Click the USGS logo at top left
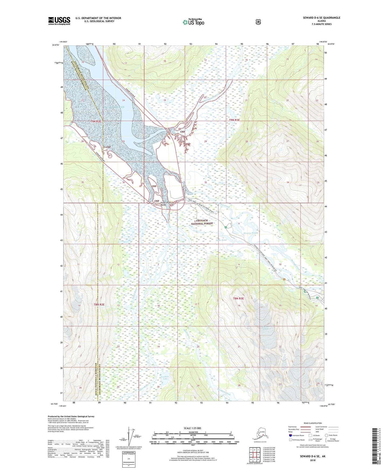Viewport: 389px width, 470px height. [x=59, y=20]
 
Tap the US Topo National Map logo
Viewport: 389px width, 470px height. [x=193, y=22]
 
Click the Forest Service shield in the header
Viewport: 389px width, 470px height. [x=258, y=22]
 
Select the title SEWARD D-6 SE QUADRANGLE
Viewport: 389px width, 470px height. [x=321, y=18]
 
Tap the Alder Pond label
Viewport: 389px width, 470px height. [x=221, y=240]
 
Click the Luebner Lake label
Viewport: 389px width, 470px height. [x=166, y=377]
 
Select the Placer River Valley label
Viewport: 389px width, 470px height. [x=165, y=204]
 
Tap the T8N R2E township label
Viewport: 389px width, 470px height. [x=99, y=304]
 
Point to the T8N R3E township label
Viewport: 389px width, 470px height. [x=238, y=299]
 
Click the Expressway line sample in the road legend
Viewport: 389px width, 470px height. [x=305, y=427]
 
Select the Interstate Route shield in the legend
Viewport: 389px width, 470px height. [x=290, y=435]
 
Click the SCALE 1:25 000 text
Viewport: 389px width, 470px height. [x=192, y=428]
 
